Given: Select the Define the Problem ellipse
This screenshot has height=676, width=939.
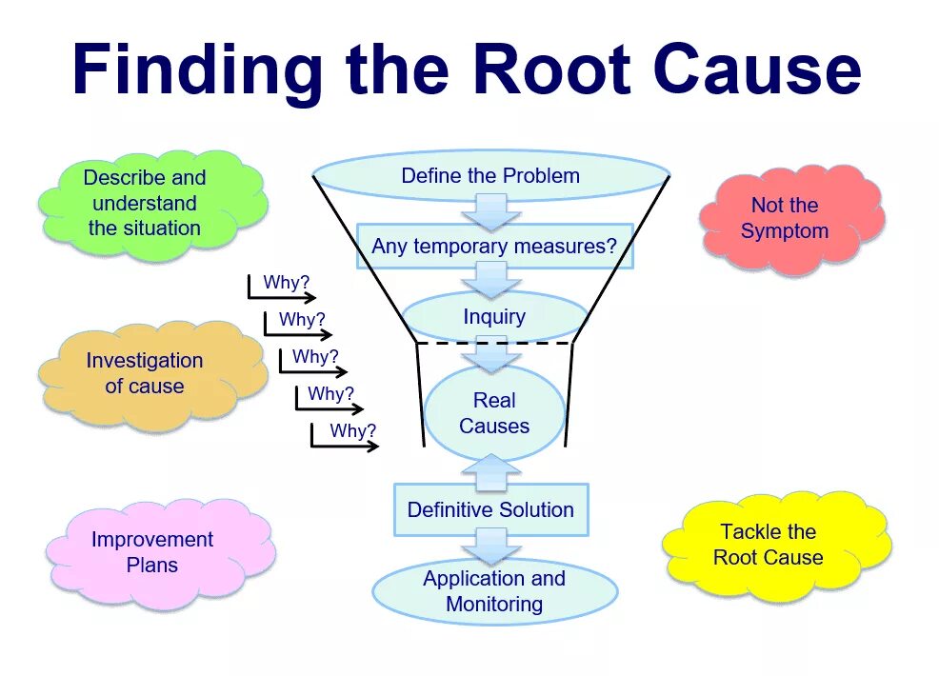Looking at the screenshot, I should (x=490, y=176).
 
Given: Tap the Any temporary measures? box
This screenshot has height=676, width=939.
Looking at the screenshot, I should (x=494, y=247).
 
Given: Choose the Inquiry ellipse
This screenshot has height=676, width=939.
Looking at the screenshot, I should (x=494, y=317).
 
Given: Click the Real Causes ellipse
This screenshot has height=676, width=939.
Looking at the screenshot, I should (x=494, y=413).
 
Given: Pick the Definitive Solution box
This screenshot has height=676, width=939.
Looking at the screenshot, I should (x=490, y=509).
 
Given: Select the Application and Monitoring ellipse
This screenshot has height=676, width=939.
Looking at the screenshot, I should (x=494, y=591).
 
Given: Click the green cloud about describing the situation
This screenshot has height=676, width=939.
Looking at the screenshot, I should (x=148, y=203).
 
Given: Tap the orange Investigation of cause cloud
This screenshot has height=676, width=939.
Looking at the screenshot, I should (x=146, y=373).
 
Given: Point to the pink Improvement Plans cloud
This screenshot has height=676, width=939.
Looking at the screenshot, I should (x=153, y=552).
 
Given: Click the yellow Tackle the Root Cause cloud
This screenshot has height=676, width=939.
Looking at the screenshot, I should (x=769, y=545).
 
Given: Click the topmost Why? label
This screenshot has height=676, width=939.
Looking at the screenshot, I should (x=287, y=283).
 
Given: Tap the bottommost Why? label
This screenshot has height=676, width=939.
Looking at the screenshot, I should (x=353, y=431).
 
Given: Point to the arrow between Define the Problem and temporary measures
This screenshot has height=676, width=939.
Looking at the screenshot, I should (x=491, y=210).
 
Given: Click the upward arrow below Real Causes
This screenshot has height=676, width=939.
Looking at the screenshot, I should (x=491, y=469).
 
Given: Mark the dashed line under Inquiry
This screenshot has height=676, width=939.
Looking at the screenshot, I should (x=494, y=343).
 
